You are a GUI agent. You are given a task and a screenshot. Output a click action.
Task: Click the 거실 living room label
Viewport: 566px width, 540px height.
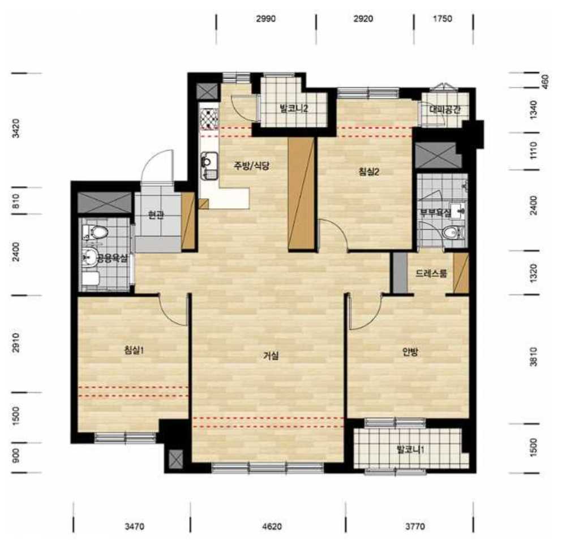[271, 356]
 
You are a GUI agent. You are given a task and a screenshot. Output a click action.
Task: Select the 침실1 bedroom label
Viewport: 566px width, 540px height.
[134, 350]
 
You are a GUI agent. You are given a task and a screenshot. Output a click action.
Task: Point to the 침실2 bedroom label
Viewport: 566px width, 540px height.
[368, 172]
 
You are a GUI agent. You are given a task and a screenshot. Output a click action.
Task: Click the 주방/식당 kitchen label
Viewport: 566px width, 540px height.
[252, 166]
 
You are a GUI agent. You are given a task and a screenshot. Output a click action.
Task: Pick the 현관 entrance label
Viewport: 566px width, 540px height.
[156, 215]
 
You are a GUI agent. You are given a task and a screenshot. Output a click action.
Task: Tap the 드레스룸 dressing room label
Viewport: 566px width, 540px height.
[431, 273]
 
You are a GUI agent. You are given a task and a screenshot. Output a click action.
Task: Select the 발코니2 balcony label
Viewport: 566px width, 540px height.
[294, 108]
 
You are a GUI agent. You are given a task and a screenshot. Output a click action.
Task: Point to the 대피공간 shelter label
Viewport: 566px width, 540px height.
[445, 109]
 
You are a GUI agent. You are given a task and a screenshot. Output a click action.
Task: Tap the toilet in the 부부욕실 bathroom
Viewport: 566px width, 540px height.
[452, 233]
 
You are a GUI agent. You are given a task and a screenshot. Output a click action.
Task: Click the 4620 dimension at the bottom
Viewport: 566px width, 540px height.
[272, 526]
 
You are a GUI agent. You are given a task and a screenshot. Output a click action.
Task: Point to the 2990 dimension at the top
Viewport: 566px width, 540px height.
[265, 19]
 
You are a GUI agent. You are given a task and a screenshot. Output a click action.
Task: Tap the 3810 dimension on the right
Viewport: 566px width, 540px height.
[534, 357]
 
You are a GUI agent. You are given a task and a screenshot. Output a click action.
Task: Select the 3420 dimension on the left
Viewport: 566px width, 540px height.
[16, 128]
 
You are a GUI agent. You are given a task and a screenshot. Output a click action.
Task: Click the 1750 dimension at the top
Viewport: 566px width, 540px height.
[442, 19]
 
